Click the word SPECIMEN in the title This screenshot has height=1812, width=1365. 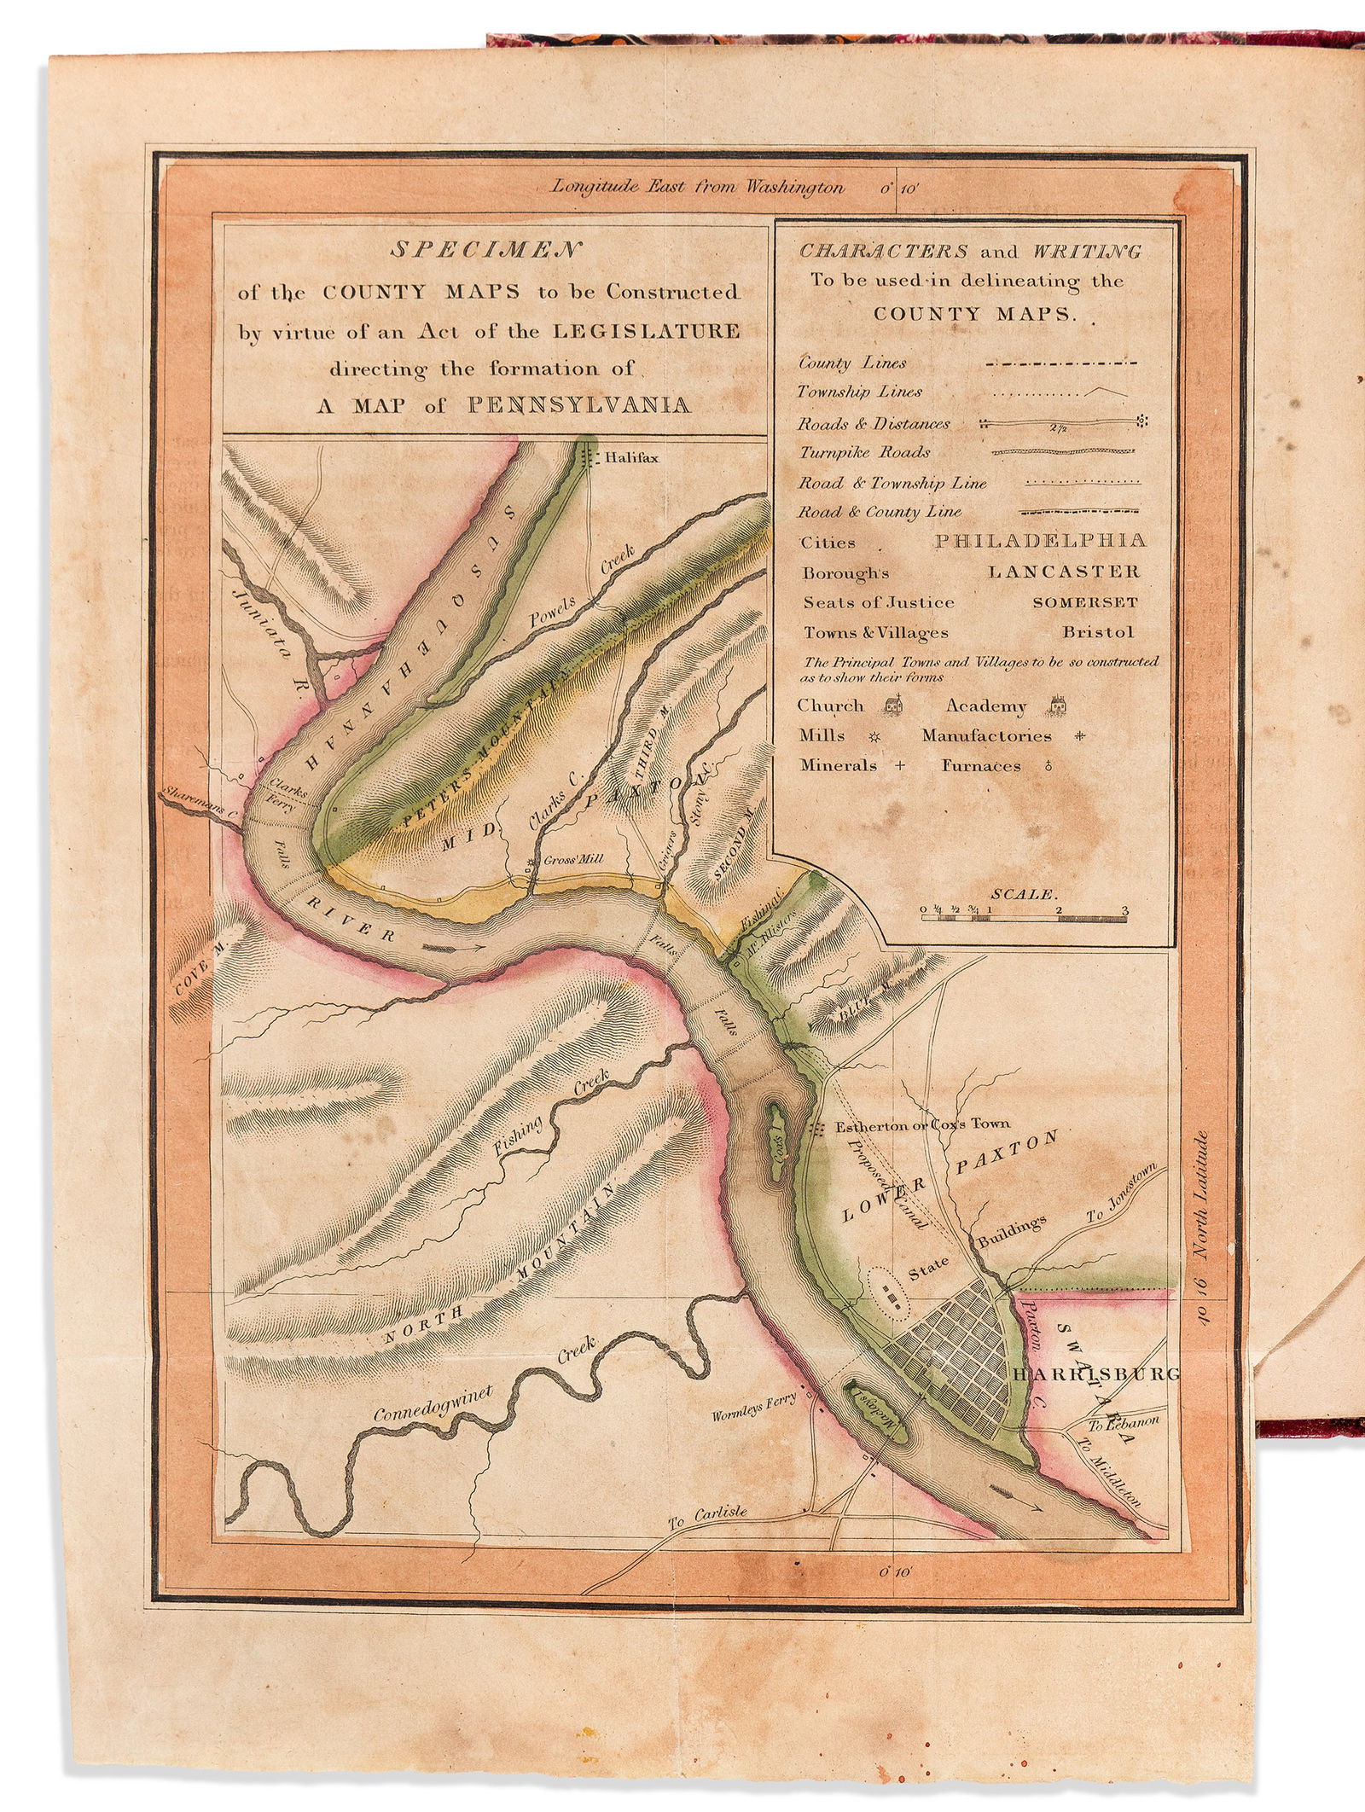tap(485, 250)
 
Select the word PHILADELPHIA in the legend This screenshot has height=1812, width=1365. tap(1040, 541)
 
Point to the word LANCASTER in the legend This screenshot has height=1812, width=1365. tap(1063, 572)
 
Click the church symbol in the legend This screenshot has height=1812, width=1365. tap(893, 706)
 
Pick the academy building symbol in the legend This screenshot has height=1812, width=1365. tap(1058, 706)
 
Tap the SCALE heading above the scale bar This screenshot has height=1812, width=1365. tap(1024, 894)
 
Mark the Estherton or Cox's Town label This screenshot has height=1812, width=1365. tap(921, 1125)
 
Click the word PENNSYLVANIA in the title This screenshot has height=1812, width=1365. tap(579, 404)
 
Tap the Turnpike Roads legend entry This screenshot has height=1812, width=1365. tap(864, 452)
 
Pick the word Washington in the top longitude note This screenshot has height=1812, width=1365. tap(793, 188)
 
